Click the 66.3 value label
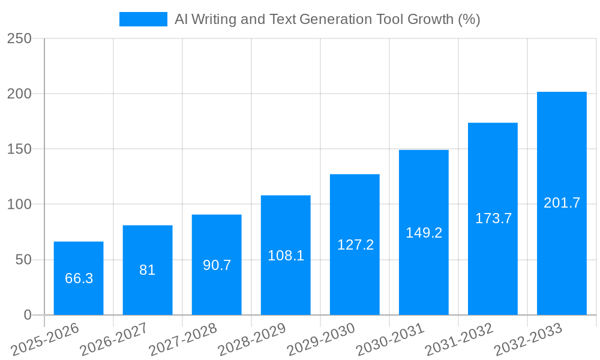[x=79, y=278]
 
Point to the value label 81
[x=148, y=270]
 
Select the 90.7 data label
[x=217, y=265]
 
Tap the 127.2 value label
[x=355, y=245]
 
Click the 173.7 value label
[x=493, y=218]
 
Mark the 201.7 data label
[x=562, y=203]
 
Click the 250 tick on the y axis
[x=19, y=38]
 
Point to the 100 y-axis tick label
[x=19, y=205]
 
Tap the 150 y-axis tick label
[x=19, y=149]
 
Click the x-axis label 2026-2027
[x=114, y=340]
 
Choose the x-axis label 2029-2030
[x=321, y=340]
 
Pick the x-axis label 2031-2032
[x=459, y=340]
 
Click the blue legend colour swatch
[x=143, y=19]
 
